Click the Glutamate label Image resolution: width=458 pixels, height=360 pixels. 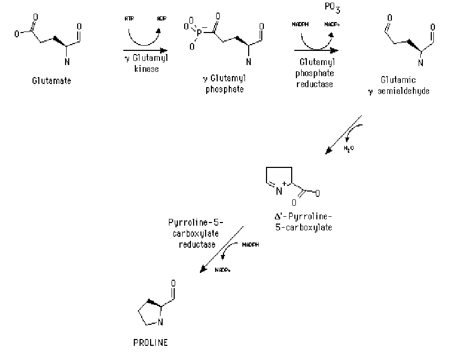(x=51, y=80)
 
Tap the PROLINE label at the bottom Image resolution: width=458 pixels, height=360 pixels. (x=151, y=343)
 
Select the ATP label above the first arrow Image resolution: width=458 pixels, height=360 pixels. (x=129, y=19)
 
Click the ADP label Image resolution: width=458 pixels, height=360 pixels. (x=162, y=19)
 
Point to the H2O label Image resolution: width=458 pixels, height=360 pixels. (x=349, y=149)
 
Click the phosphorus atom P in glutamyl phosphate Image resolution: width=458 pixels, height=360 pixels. (x=199, y=36)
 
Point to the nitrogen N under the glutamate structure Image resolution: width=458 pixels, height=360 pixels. (x=67, y=62)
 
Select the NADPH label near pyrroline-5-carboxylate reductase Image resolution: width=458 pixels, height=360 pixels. (x=250, y=245)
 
